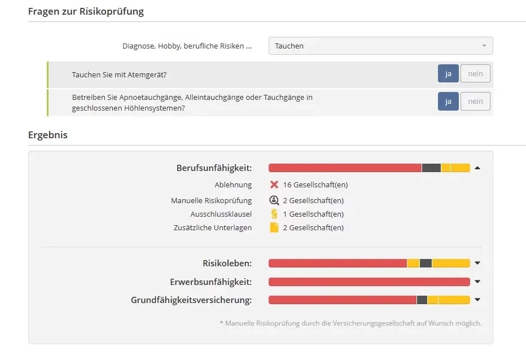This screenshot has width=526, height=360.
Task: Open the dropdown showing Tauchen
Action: tap(380, 46)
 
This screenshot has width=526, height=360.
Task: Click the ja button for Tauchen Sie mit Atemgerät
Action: tap(448, 73)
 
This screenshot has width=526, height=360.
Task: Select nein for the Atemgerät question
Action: tap(475, 73)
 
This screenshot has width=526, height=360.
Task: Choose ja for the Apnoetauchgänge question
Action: tap(448, 102)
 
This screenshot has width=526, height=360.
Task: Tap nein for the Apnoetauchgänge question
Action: tap(475, 102)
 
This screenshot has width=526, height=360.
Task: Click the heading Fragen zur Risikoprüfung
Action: tap(86, 11)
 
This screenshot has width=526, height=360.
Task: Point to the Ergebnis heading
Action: tap(48, 135)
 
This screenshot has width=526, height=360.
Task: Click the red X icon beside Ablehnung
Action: tap(274, 185)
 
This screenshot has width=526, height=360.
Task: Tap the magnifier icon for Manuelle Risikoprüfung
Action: tap(274, 200)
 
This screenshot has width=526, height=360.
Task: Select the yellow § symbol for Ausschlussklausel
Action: tap(274, 214)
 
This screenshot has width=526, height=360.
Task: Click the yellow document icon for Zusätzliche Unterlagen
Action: tap(274, 227)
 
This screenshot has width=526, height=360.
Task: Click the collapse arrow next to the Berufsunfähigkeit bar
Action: tap(477, 168)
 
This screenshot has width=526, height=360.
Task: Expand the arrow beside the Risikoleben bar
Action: tap(477, 263)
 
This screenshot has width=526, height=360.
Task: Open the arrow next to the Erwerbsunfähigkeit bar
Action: tap(477, 282)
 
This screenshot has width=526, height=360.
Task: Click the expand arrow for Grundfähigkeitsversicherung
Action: tap(477, 300)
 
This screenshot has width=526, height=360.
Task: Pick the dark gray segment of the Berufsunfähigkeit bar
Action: tap(431, 168)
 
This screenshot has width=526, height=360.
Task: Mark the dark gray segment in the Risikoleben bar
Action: tap(426, 263)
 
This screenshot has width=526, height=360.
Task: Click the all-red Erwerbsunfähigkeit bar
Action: tap(369, 282)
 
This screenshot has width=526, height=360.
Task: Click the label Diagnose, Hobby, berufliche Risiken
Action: tap(187, 46)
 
